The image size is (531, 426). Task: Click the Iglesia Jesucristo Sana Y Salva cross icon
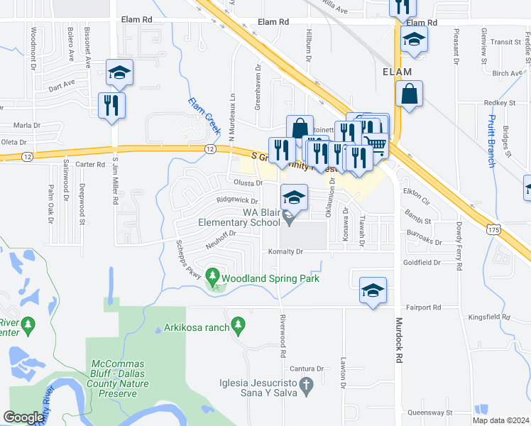pyautogui.click(x=307, y=387)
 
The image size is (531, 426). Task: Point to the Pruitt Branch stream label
pyautogui.click(x=491, y=141)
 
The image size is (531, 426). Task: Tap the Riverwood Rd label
pyautogui.click(x=283, y=337)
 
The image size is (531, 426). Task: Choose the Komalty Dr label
pyautogui.click(x=285, y=251)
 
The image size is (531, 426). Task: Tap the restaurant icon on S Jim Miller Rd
pyautogui.click(x=112, y=105)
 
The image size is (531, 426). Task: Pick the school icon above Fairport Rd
pyautogui.click(x=373, y=290)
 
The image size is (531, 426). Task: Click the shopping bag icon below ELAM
pyautogui.click(x=410, y=94)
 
